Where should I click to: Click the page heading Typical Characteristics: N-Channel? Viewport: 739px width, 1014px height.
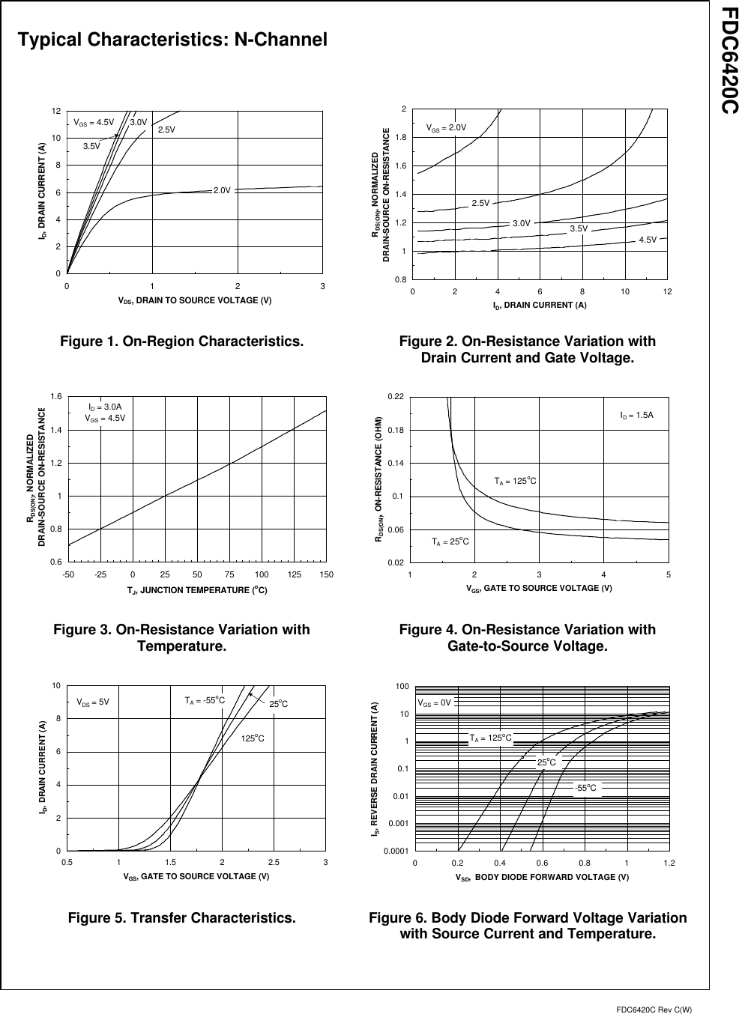tap(172, 40)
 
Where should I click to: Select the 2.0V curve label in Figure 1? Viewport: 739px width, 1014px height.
tap(221, 190)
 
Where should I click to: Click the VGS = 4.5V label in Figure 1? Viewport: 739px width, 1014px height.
tap(94, 122)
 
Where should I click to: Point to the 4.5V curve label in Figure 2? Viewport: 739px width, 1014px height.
tap(647, 240)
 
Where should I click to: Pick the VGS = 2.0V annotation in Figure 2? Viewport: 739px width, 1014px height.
tap(446, 128)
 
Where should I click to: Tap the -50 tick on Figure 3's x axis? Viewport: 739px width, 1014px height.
tap(67, 574)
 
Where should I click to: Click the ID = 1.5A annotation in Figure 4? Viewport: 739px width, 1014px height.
tap(636, 414)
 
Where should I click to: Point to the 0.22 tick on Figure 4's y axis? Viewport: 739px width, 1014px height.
tap(396, 397)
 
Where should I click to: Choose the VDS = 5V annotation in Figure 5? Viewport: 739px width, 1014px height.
tap(93, 702)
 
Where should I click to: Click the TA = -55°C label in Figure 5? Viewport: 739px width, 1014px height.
tap(205, 701)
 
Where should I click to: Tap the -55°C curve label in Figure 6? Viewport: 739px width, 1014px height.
tap(585, 787)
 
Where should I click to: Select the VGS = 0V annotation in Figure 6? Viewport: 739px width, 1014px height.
tap(434, 703)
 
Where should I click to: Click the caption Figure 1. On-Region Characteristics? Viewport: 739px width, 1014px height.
tap(181, 341)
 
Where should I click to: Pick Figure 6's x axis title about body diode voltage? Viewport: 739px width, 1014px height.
tap(542, 877)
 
